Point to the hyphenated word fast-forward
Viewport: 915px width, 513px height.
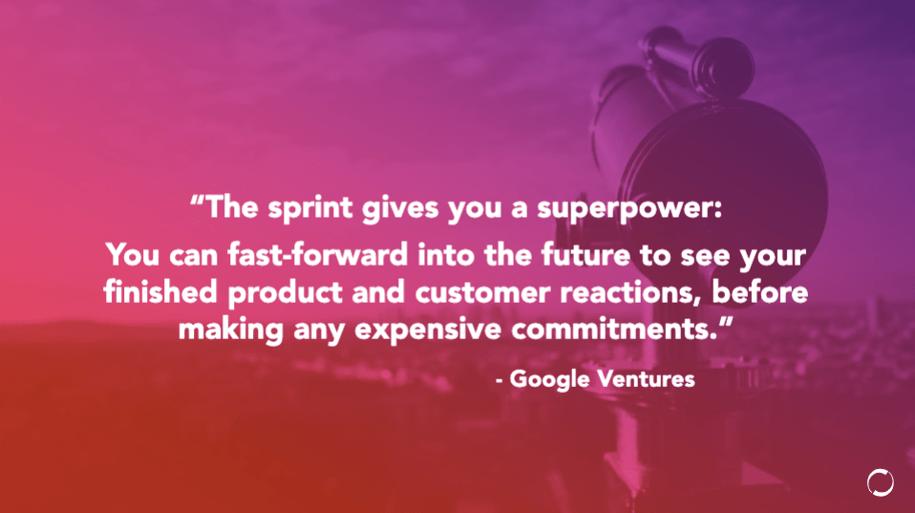click(x=317, y=255)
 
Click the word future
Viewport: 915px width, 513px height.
click(x=585, y=255)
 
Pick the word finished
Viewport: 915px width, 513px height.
click(x=160, y=291)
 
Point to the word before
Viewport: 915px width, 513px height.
click(x=759, y=291)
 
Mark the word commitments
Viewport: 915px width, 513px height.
click(x=614, y=329)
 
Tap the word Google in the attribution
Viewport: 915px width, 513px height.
click(x=550, y=380)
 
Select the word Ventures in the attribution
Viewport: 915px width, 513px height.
click(x=647, y=378)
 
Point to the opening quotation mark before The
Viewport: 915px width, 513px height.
click(x=198, y=201)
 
